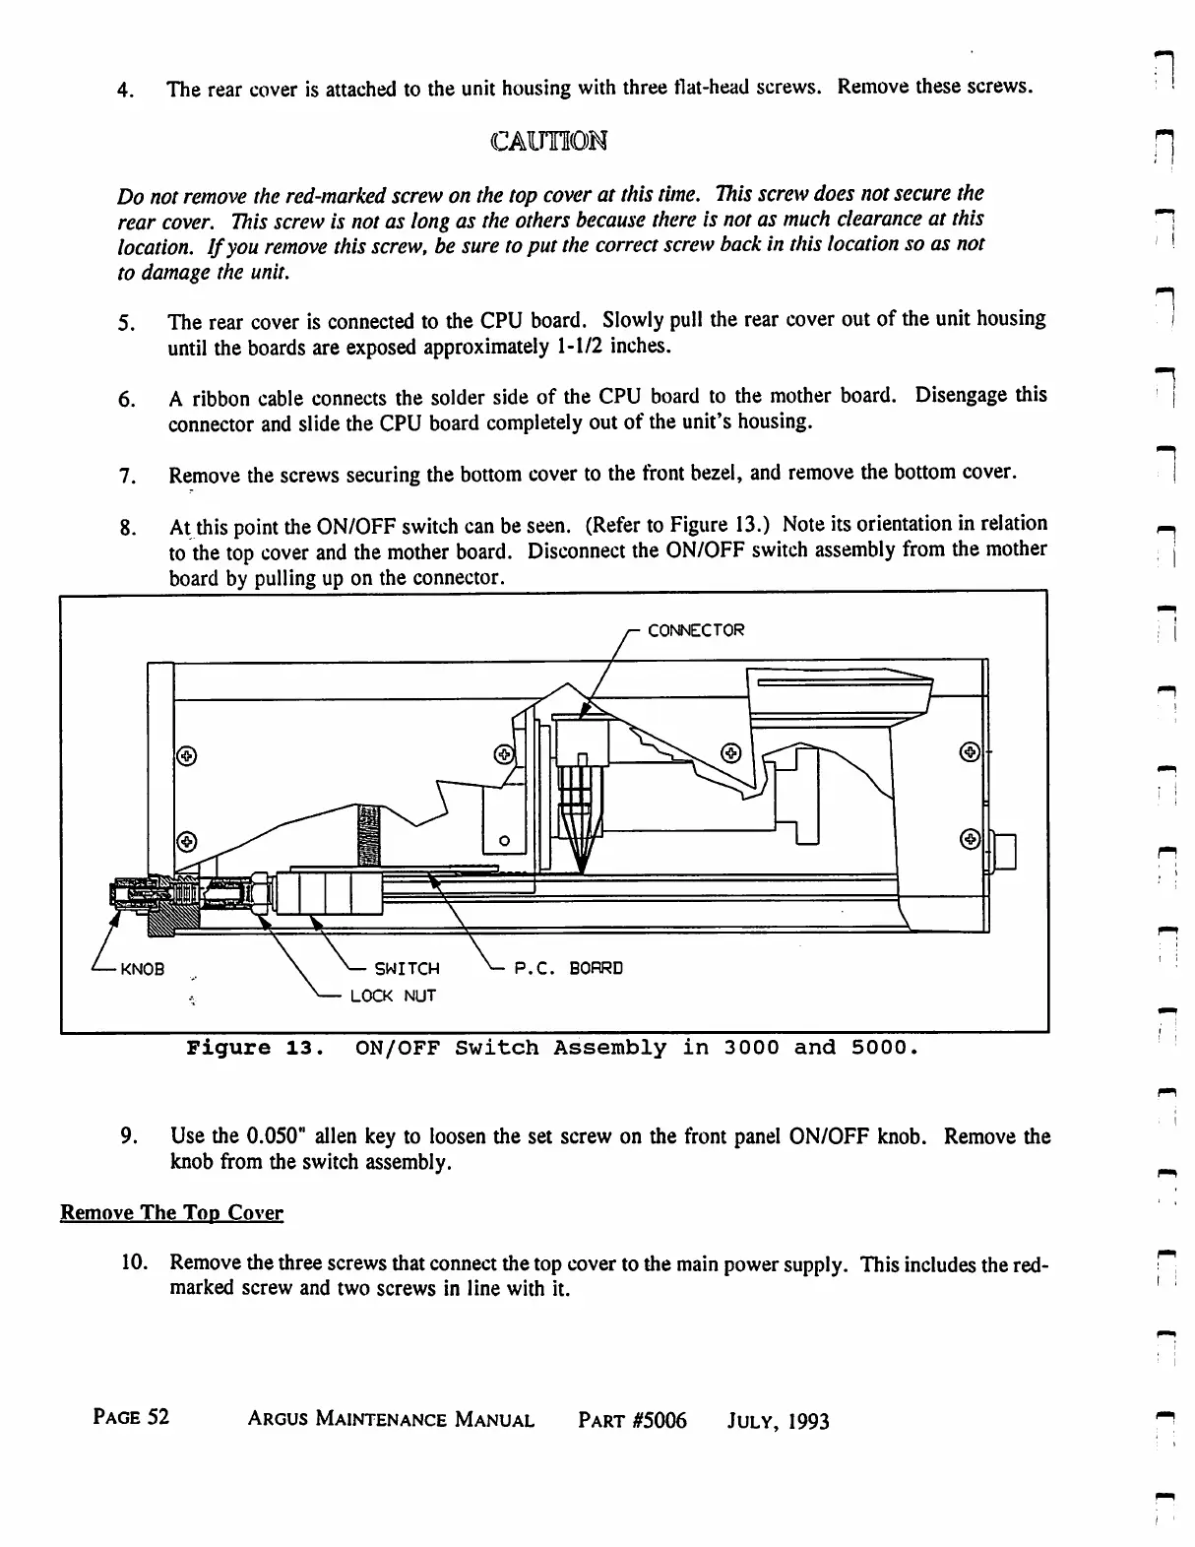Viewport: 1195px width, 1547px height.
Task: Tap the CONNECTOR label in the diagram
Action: click(696, 630)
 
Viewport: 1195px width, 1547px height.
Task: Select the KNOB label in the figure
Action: click(142, 969)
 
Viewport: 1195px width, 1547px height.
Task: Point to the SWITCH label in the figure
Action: click(407, 969)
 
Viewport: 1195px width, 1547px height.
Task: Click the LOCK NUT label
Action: click(393, 997)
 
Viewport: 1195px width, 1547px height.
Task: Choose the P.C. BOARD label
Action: click(569, 968)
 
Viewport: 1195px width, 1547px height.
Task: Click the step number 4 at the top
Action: click(124, 91)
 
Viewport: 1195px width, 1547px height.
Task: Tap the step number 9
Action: click(128, 1137)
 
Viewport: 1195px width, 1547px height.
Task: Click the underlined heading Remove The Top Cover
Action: click(171, 1213)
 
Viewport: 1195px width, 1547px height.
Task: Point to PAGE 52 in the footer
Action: click(131, 1418)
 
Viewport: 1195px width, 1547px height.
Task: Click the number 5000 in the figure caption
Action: click(877, 1048)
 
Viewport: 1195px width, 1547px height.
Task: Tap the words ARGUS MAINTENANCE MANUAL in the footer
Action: click(391, 1420)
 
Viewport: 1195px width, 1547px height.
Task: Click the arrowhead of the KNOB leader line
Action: click(115, 920)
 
